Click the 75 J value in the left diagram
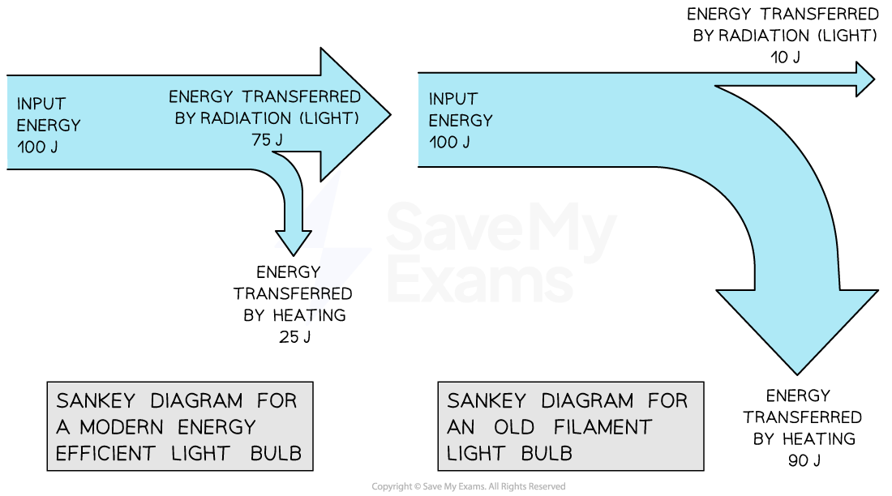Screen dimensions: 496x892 point(267,139)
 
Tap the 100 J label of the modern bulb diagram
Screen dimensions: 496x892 point(37,147)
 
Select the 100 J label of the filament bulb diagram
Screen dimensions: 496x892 point(449,142)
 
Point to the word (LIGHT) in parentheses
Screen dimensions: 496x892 point(329,118)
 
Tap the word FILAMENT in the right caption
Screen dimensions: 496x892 point(603,426)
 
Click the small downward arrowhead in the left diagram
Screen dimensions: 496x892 point(293,241)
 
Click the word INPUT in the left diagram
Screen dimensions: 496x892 point(41,104)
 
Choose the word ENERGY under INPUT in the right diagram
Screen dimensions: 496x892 point(461,121)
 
